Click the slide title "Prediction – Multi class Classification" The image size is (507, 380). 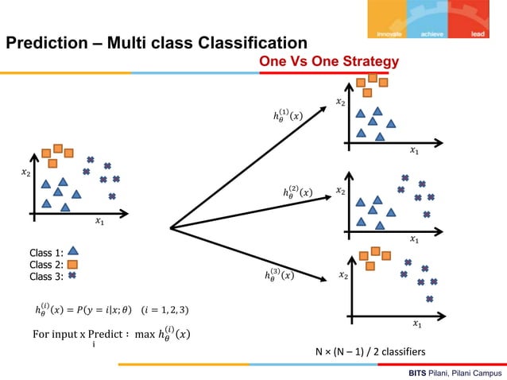pos(157,42)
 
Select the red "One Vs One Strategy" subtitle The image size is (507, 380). pos(328,61)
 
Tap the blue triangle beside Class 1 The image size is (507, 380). pos(72,252)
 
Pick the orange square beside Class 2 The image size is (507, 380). pos(72,264)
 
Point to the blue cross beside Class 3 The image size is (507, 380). pos(72,276)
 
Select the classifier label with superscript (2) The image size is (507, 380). pos(297,192)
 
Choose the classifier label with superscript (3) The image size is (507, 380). pos(279,275)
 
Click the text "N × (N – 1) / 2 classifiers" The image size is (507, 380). pos(370,351)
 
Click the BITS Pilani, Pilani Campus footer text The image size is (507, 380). pos(455,372)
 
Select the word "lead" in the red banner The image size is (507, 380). pos(477,33)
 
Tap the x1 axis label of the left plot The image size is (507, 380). pos(99,222)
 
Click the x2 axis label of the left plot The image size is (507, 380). pos(25,173)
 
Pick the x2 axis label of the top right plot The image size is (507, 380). pos(340,102)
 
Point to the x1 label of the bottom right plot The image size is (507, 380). pos(416,324)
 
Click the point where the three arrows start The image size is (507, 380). pos(172,228)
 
